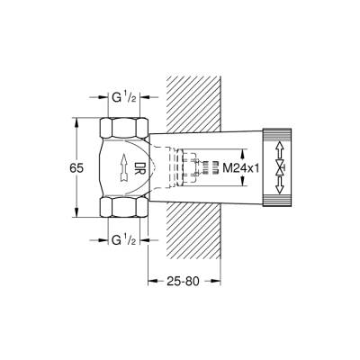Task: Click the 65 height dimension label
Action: coord(77,166)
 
